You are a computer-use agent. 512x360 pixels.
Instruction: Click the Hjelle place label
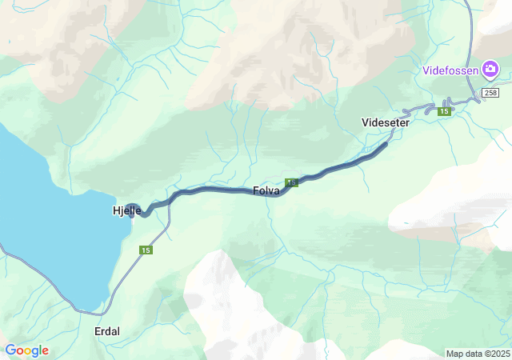(x=126, y=210)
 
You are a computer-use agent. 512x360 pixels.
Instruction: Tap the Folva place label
(x=266, y=191)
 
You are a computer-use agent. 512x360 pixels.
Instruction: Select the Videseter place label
(x=386, y=122)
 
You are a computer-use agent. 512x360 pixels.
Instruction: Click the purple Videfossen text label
(x=451, y=70)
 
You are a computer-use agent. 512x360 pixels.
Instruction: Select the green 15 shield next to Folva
(x=291, y=183)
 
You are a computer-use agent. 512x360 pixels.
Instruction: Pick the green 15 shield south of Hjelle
(x=146, y=251)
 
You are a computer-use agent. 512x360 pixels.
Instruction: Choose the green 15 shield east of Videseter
(x=444, y=111)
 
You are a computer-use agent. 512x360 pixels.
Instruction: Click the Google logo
(x=26, y=350)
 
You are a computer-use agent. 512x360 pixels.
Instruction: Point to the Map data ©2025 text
(x=478, y=354)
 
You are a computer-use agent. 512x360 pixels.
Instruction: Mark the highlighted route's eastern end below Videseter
(x=387, y=144)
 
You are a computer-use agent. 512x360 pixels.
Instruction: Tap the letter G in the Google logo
(x=10, y=350)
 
